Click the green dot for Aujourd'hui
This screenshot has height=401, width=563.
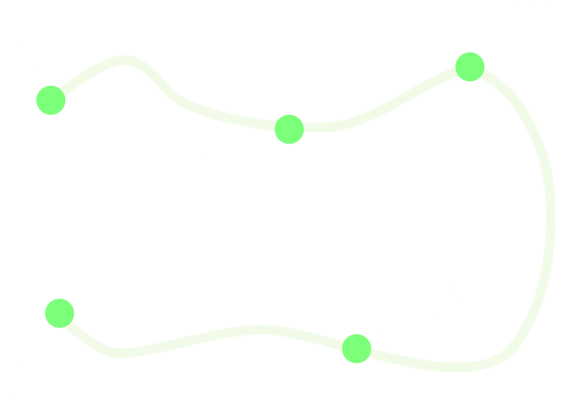(51, 100)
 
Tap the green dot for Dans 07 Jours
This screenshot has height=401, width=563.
(289, 129)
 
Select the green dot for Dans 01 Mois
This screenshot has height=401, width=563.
(470, 67)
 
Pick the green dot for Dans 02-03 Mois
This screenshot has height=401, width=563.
(357, 348)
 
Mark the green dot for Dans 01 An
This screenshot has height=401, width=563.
(60, 313)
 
